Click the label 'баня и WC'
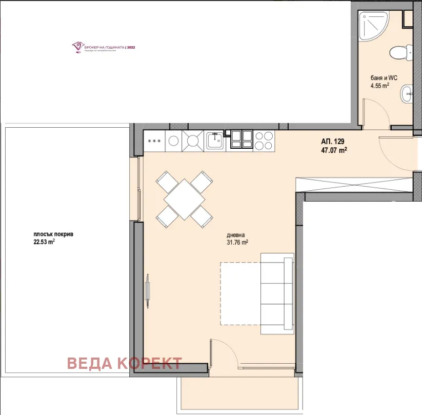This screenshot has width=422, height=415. pyautogui.click(x=384, y=78)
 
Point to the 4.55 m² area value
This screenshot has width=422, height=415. pyautogui.click(x=380, y=86)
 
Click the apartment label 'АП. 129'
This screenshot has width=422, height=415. pyautogui.click(x=332, y=142)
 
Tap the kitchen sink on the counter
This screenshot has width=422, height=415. pyautogui.click(x=214, y=140)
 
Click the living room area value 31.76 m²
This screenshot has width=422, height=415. pyautogui.click(x=237, y=243)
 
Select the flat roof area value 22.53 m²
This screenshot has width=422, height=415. pyautogui.click(x=44, y=243)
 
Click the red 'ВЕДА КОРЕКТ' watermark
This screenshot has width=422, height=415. pyautogui.click(x=125, y=363)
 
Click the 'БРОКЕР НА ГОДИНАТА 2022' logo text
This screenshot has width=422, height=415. pyautogui.click(x=110, y=47)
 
